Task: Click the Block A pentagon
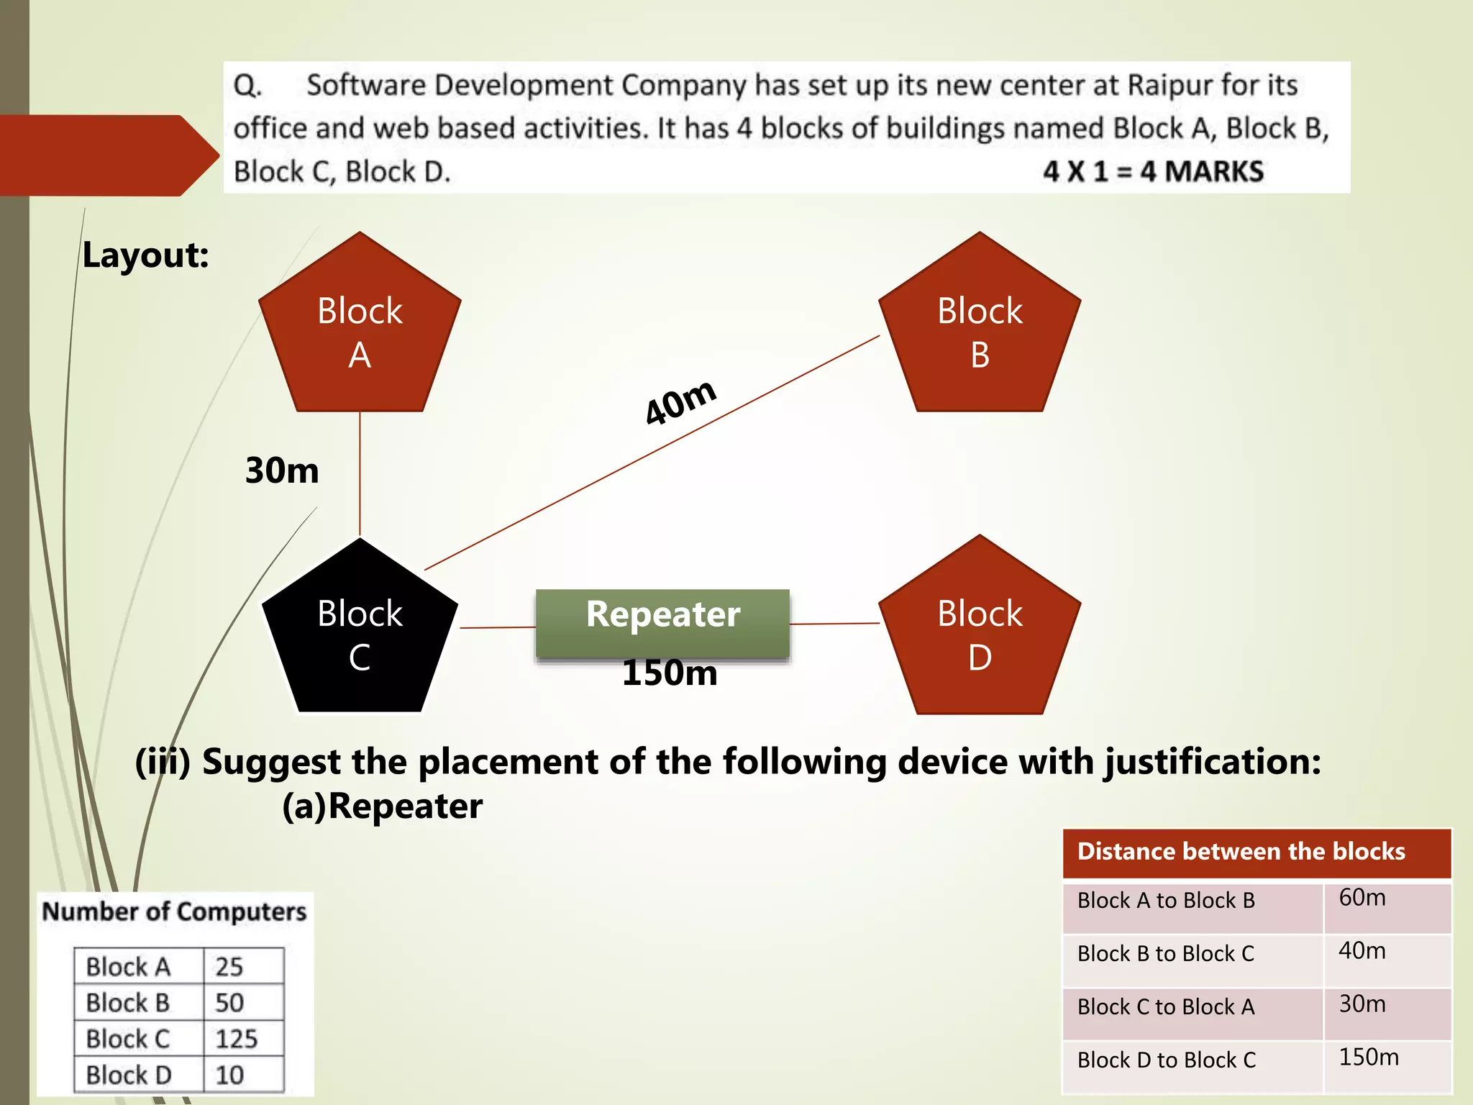point(360,331)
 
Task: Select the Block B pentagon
point(980,331)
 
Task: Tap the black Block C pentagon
point(360,633)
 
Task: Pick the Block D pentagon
point(980,633)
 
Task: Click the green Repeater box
point(662,623)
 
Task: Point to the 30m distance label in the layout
point(282,471)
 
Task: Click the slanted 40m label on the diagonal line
point(680,402)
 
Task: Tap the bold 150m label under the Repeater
point(670,674)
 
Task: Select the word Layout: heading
point(145,255)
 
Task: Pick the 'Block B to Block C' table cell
point(1165,954)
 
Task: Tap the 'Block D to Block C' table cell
point(1167,1060)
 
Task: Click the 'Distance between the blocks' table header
point(1241,852)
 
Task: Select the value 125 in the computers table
point(236,1039)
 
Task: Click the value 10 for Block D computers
point(229,1076)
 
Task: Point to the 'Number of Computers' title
point(174,911)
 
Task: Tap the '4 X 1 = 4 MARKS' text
point(1153,172)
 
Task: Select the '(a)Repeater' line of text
point(382,806)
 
